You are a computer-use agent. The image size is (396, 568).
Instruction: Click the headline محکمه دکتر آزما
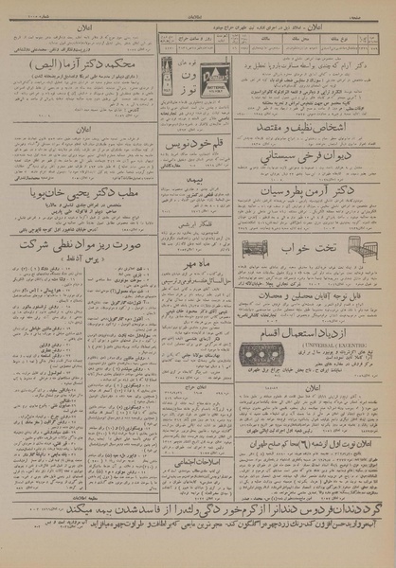[79, 63]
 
